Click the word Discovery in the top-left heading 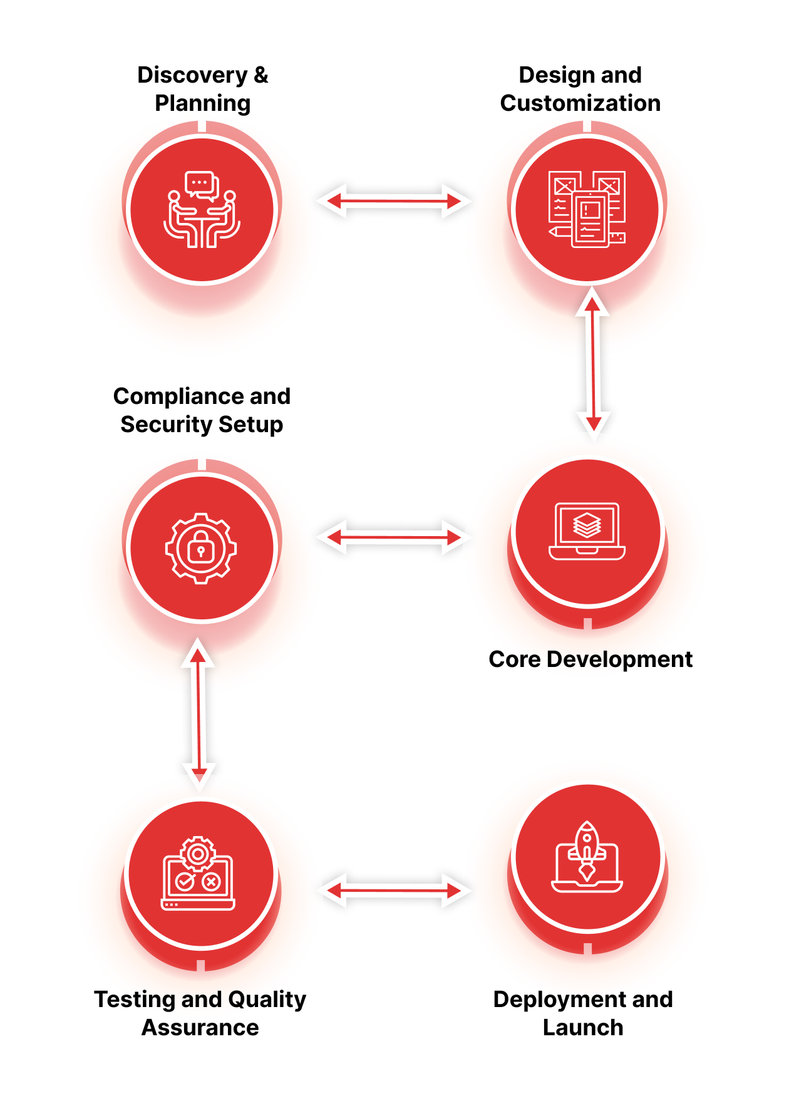192,75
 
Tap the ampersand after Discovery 260,75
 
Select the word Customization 580,103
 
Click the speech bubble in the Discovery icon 201,184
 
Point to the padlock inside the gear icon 201,549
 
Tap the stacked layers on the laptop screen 587,525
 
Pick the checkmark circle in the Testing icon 185,882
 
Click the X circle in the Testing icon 212,882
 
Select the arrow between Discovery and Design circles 394,201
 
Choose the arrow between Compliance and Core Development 394,537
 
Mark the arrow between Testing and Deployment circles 394,890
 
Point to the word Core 514,659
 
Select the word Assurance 200,1028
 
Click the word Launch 583,1028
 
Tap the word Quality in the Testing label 267,1000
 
